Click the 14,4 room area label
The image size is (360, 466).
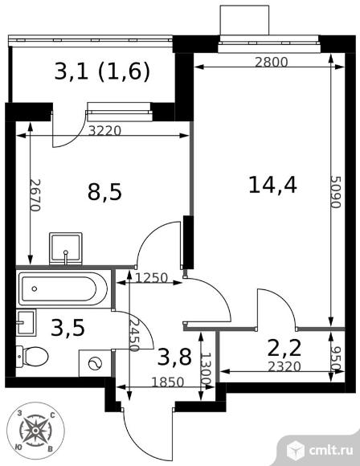(x=272, y=185)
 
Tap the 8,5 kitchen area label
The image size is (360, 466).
(x=104, y=192)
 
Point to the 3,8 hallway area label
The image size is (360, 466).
(x=174, y=357)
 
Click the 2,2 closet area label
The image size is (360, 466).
(x=284, y=348)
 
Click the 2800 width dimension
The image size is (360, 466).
(x=272, y=62)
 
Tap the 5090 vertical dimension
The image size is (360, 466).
(x=336, y=192)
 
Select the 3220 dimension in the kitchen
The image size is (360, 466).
(x=105, y=130)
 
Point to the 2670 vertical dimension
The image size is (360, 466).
(x=35, y=195)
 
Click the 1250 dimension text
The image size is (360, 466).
(x=152, y=278)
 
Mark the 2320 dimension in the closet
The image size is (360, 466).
(x=284, y=366)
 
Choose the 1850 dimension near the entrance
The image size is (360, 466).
(x=168, y=382)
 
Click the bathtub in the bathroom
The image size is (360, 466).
(x=63, y=288)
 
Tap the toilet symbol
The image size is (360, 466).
(x=32, y=355)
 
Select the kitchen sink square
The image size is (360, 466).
(x=66, y=248)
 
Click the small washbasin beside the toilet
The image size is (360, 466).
(x=27, y=322)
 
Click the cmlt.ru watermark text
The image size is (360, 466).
(x=331, y=450)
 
